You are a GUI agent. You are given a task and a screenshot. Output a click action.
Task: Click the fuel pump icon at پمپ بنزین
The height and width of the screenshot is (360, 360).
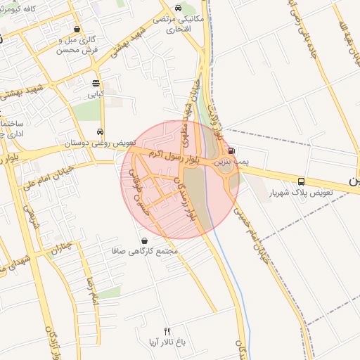232,150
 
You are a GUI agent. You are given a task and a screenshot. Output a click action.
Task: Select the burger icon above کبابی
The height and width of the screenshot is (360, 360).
96,83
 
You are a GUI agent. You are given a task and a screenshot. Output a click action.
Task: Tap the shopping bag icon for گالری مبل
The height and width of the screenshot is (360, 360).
77,29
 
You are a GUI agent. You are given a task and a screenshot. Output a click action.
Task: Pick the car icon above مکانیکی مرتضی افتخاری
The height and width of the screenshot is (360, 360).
178,8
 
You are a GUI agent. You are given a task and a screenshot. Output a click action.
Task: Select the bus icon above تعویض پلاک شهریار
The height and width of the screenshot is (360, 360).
301,180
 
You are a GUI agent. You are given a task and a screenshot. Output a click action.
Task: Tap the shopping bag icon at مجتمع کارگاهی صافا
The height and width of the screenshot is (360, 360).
145,240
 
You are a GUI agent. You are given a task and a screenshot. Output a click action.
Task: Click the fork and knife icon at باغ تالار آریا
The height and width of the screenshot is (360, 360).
167,330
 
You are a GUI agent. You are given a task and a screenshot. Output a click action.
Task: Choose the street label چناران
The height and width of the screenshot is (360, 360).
62,247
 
